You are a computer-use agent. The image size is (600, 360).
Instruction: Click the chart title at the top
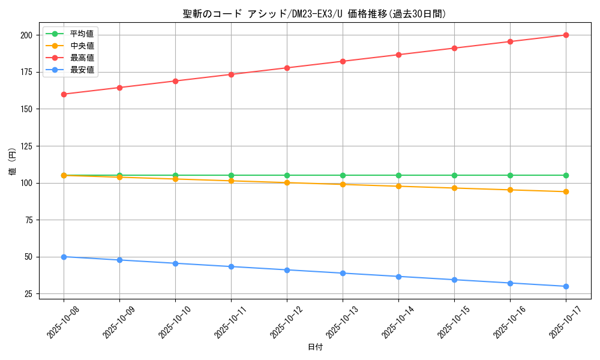pos(314,14)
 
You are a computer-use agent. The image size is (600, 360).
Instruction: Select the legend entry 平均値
pos(82,34)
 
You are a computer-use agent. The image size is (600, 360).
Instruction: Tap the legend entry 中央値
pos(82,46)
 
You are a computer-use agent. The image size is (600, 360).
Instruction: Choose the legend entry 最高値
pos(82,58)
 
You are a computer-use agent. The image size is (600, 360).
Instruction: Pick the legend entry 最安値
pos(82,70)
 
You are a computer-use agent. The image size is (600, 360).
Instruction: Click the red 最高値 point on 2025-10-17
pos(566,35)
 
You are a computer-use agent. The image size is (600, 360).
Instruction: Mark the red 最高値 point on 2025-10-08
pos(64,94)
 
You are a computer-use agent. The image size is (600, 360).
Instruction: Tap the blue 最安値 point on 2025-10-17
pos(566,286)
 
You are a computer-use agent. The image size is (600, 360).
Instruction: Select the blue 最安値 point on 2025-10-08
pos(64,257)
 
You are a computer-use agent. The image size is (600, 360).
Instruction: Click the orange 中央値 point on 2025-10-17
pos(566,191)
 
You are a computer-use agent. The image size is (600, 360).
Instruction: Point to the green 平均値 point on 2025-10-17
pos(566,175)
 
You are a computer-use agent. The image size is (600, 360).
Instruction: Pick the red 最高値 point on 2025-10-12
pos(287,68)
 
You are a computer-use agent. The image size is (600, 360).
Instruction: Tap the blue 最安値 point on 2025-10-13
pos(343,273)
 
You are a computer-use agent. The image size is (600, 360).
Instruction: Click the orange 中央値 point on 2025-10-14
pos(398,186)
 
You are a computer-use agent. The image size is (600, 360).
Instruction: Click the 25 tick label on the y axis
pos(28,293)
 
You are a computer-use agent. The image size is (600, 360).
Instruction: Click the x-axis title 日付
pos(314,347)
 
